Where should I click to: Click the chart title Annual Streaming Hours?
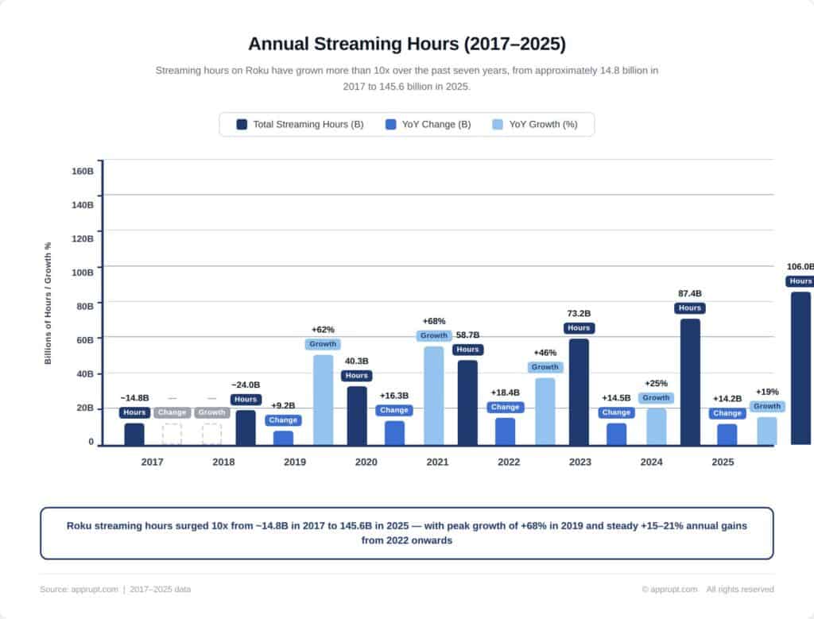click(406, 44)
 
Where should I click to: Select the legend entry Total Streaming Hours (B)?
click(300, 124)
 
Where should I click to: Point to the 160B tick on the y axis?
click(83, 171)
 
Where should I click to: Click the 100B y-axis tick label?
click(83, 273)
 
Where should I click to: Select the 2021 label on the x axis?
click(437, 462)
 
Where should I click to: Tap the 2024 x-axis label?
click(652, 462)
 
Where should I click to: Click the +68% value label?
click(434, 321)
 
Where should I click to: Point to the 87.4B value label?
click(690, 293)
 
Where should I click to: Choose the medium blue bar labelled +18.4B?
click(505, 431)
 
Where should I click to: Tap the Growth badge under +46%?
click(545, 367)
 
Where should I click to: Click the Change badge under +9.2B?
click(283, 420)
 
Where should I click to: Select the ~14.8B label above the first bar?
click(134, 398)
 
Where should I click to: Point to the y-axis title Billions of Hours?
click(48, 303)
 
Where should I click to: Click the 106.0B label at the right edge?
click(800, 267)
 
